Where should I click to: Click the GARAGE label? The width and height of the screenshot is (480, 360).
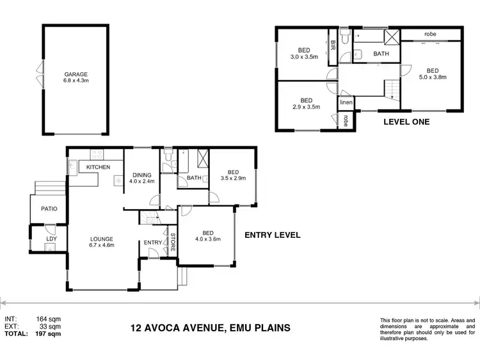click(76, 74)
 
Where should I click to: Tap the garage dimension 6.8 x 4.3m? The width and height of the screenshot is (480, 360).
click(76, 81)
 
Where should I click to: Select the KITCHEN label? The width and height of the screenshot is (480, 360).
click(98, 168)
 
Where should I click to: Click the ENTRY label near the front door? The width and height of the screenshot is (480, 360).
click(153, 242)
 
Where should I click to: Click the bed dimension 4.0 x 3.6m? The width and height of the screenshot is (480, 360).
click(207, 240)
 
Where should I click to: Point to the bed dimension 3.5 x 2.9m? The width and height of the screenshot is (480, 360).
click(232, 179)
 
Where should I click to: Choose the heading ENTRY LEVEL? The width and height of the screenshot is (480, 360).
click(273, 235)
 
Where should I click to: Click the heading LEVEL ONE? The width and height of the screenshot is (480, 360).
click(406, 121)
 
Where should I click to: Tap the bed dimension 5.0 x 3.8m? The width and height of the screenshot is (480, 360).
click(433, 77)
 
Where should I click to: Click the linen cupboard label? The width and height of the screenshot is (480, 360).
click(346, 102)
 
